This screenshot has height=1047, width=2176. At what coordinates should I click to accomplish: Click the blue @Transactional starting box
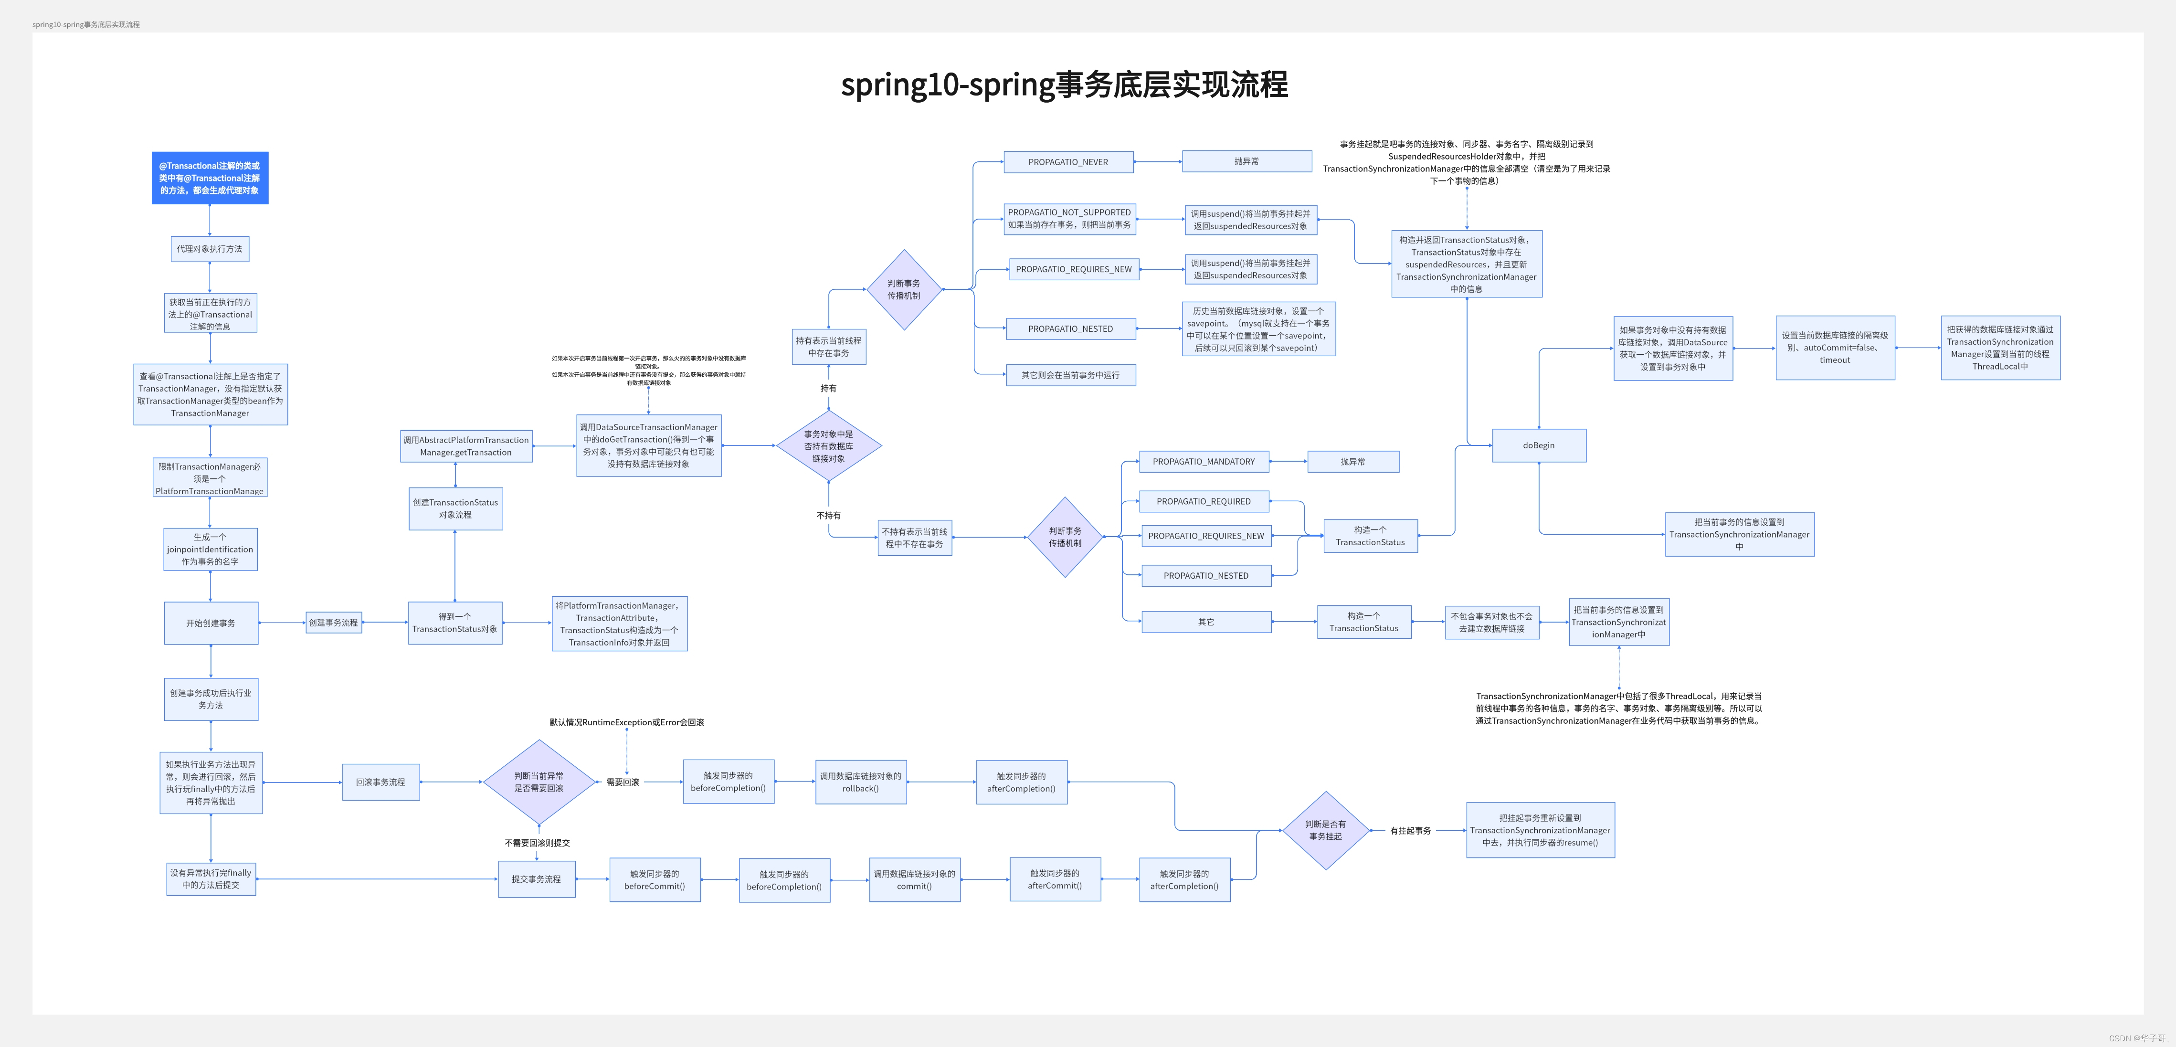coord(210,178)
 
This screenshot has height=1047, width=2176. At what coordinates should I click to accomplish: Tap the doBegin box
coord(1538,445)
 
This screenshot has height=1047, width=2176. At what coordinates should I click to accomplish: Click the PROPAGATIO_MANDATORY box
coord(1203,461)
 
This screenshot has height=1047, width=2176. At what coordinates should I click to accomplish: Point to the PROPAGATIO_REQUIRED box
coord(1203,501)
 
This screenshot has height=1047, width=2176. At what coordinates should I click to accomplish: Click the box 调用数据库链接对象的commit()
coord(914,880)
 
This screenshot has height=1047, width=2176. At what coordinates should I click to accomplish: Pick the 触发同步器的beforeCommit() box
coord(654,880)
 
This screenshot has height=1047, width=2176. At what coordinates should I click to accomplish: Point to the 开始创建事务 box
coord(211,623)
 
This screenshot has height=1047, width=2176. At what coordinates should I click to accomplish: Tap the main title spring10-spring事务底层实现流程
coord(1064,85)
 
